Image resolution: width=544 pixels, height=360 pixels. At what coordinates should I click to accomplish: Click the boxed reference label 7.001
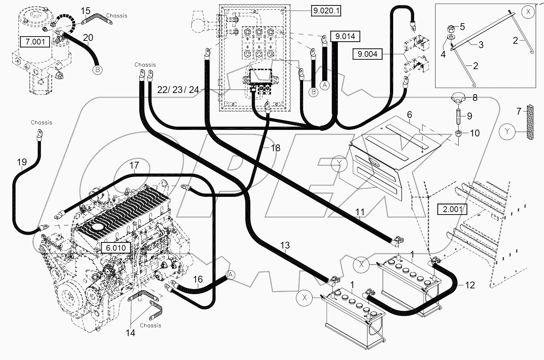(35, 42)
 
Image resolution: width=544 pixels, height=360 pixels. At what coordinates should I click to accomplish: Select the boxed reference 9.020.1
(326, 11)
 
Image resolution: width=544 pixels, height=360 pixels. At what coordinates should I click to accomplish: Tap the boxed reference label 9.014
(345, 36)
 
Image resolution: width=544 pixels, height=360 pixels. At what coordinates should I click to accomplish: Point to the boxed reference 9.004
(367, 54)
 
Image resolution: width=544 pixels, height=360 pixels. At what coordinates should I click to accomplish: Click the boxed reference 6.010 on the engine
(116, 248)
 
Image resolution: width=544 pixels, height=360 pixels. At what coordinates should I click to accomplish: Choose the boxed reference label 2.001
(452, 209)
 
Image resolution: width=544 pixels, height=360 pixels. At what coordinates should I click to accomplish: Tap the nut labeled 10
(458, 133)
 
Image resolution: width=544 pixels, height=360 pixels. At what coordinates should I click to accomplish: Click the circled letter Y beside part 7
(507, 132)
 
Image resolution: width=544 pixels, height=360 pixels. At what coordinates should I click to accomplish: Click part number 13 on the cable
(285, 246)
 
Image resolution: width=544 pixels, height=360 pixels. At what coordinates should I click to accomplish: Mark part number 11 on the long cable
(360, 212)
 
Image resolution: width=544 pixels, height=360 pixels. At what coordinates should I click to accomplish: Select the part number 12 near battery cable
(469, 285)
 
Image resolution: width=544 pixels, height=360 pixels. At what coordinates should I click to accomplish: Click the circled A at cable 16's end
(231, 275)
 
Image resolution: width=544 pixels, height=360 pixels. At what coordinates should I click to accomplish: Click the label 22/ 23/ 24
(178, 90)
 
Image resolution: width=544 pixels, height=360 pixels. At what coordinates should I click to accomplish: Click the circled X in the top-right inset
(528, 12)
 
